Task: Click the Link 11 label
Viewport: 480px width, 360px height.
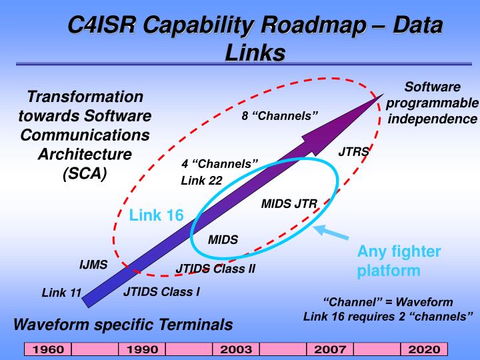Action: coord(61,293)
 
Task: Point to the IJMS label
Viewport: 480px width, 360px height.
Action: coord(93,265)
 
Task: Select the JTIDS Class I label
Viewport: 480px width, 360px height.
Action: coord(161,291)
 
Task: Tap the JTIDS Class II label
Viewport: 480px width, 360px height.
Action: coord(215,269)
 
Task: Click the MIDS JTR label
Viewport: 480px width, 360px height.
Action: coord(289,203)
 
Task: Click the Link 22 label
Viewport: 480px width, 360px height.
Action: coord(201,180)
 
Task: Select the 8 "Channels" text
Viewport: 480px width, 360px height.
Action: coord(280,115)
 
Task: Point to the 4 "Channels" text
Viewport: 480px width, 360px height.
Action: coord(219,164)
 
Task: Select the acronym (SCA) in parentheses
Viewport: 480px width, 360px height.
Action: coord(84,175)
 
